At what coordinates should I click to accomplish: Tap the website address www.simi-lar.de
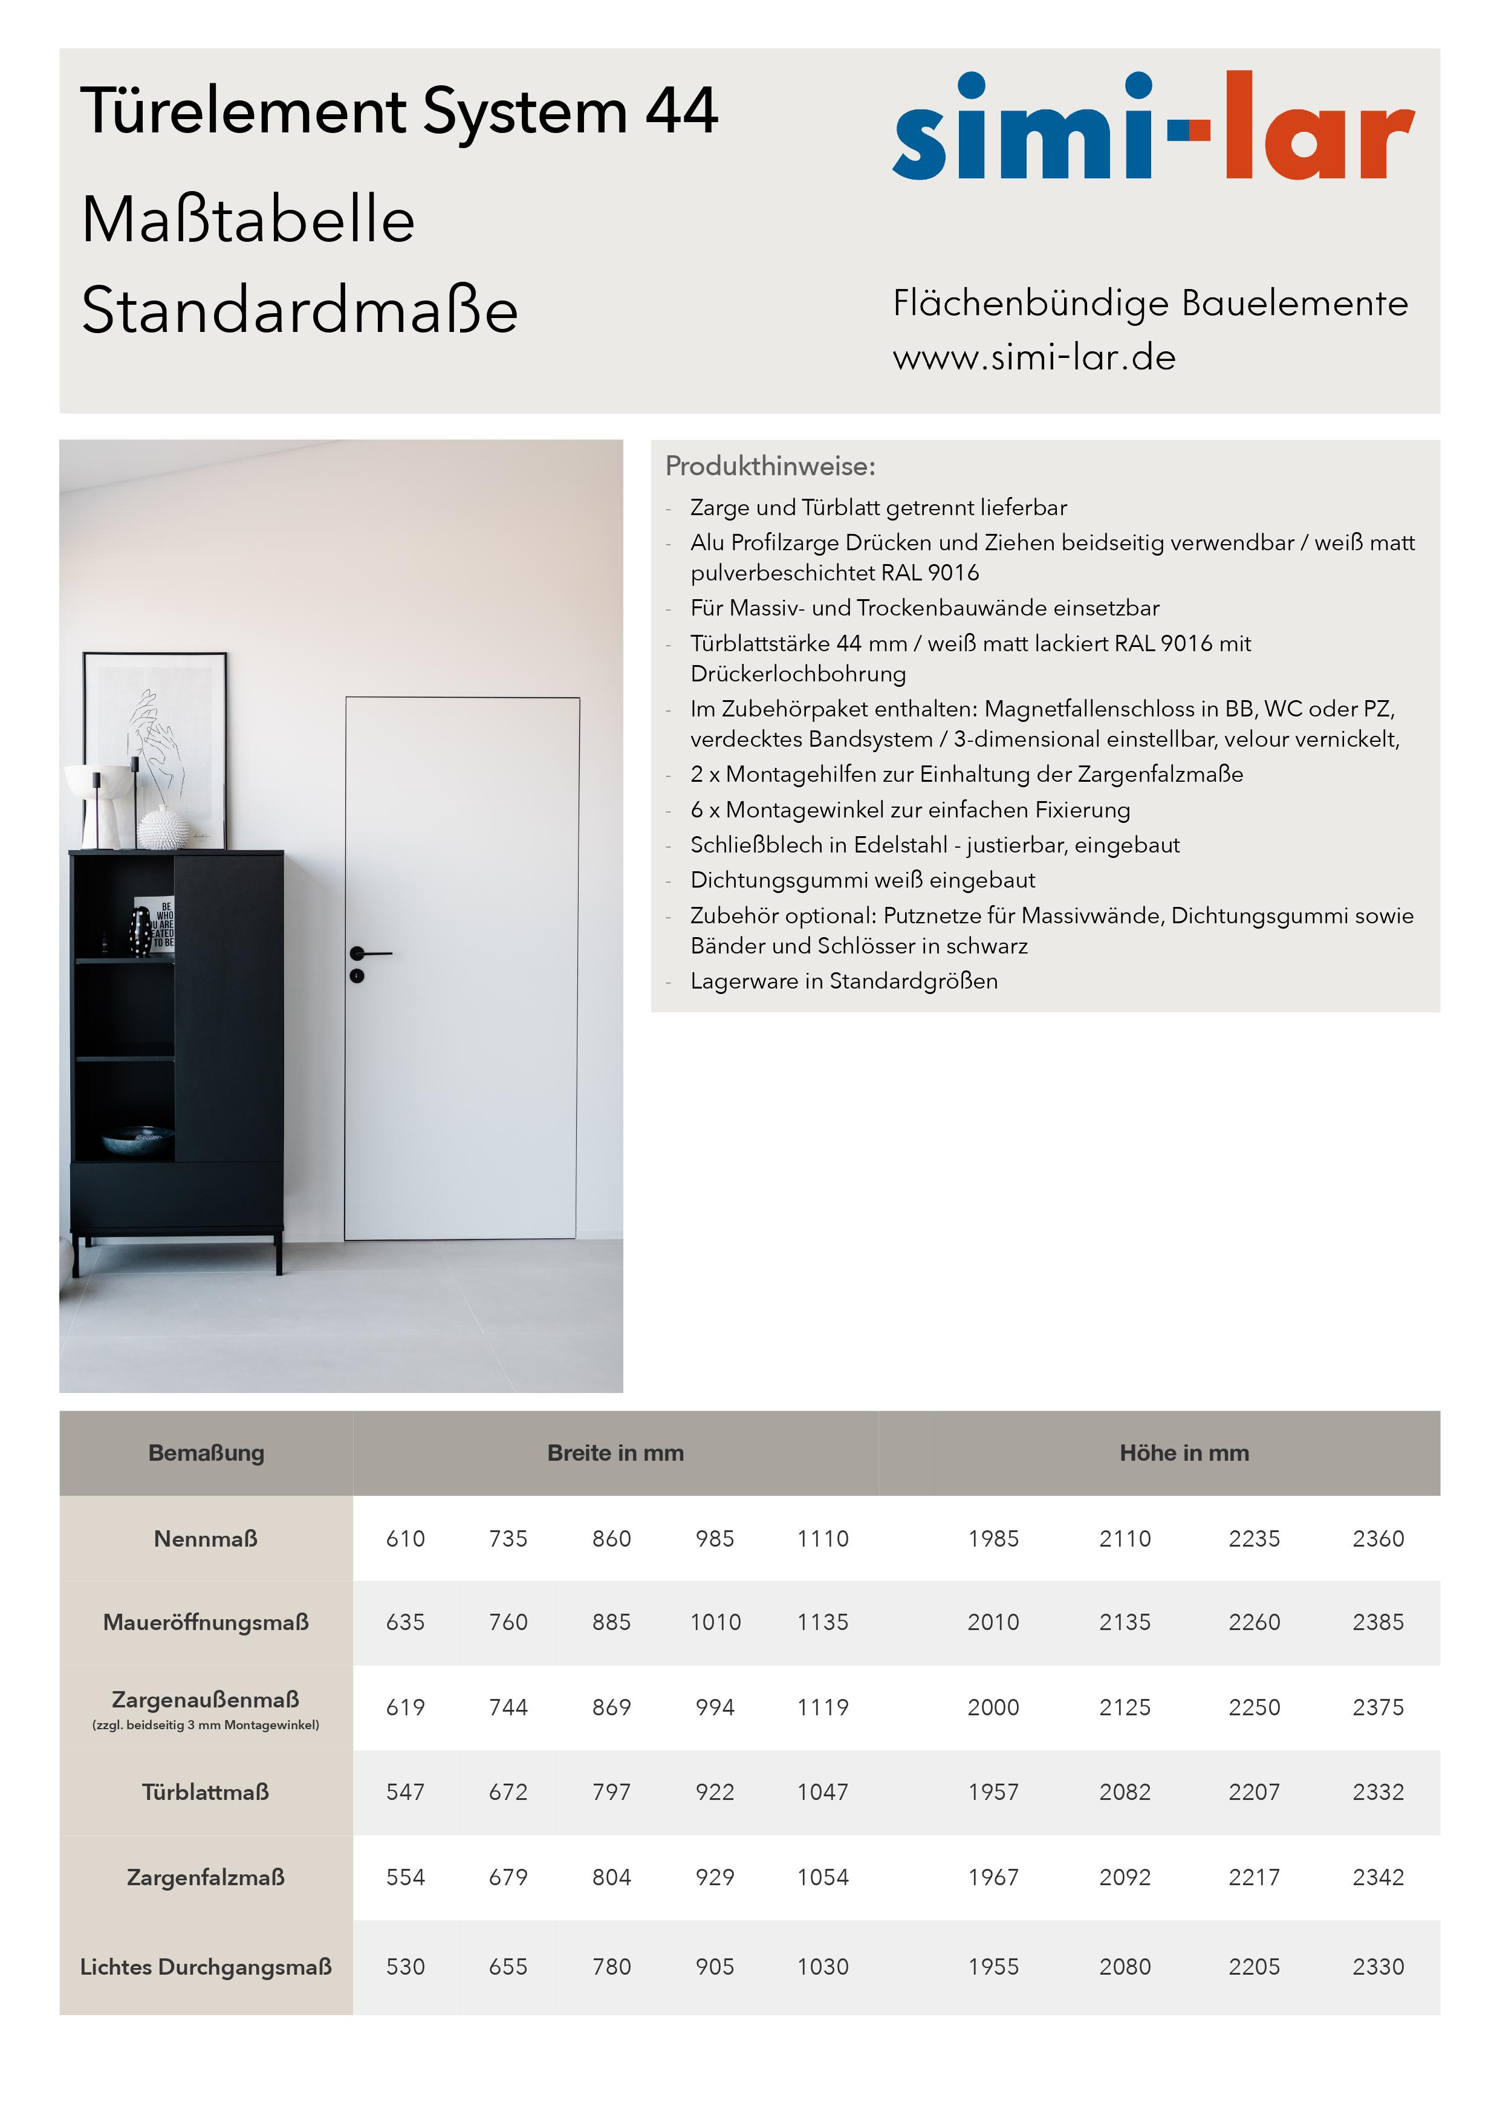tap(1034, 357)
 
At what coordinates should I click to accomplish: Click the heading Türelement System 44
tap(399, 112)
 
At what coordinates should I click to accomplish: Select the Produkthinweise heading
tap(770, 467)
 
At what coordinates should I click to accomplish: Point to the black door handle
tap(371, 952)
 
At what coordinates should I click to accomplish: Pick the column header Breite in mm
tap(615, 1453)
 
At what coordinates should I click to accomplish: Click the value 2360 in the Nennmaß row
tap(1377, 1539)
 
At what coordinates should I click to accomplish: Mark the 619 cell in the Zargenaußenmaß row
tap(406, 1707)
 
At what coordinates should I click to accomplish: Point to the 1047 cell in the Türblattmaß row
tap(822, 1792)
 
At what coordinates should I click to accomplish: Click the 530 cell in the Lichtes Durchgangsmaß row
tap(406, 1967)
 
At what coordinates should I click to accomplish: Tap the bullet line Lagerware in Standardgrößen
tap(843, 981)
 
